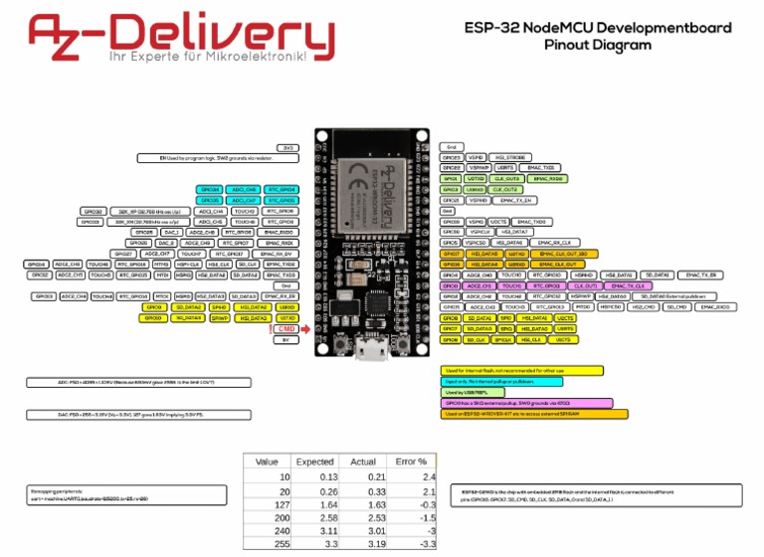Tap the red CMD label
286,328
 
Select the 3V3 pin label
286,147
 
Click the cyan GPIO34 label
210,189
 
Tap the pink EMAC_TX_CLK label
620,285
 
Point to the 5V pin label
286,339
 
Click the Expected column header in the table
314,462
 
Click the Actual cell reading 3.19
362,544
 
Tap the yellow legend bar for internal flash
521,370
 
